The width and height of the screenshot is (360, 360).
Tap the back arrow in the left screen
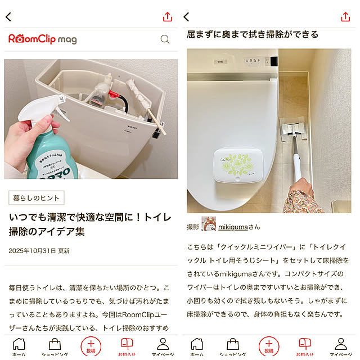(8, 17)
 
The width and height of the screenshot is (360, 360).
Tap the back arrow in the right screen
(187, 17)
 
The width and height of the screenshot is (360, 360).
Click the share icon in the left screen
(167, 17)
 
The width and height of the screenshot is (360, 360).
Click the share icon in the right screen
(345, 17)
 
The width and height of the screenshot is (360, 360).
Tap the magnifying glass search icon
(165, 39)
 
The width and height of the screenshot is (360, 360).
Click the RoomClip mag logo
(43, 39)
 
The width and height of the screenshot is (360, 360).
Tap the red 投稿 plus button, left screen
(91, 345)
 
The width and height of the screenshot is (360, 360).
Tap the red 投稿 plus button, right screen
(269, 345)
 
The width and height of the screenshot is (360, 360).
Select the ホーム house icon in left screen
(19, 344)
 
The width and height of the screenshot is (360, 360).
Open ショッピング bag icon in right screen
(233, 344)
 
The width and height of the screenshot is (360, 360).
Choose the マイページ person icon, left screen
(163, 344)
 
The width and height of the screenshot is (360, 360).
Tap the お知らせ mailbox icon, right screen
(304, 344)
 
